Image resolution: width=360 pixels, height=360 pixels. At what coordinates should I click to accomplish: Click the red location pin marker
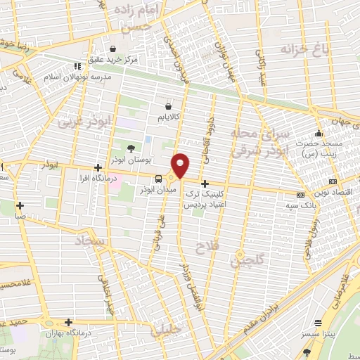pos(181,164)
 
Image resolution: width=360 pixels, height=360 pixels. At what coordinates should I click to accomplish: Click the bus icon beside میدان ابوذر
pos(158,179)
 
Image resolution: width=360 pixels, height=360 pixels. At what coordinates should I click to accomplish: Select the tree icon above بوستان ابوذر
pos(131,148)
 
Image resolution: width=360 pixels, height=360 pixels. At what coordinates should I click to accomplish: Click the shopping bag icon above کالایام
pos(167,103)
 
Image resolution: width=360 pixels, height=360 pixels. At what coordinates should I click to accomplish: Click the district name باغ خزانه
pos(296,51)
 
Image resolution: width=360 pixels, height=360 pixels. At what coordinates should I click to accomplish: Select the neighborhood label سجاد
pos(93,241)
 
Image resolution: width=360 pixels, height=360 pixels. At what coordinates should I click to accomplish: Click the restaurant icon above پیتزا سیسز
pos(319,323)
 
